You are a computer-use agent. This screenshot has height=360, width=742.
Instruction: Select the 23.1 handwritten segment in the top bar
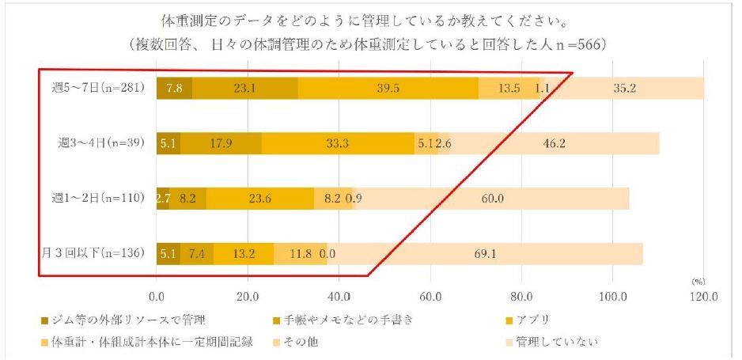point(244,88)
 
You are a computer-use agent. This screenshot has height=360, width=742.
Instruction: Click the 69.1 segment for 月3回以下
point(484,253)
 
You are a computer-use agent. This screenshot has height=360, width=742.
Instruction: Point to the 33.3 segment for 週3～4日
point(338,143)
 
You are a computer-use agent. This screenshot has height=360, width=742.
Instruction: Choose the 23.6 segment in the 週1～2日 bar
point(260,199)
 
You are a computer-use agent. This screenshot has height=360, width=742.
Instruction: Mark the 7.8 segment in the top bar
point(174,88)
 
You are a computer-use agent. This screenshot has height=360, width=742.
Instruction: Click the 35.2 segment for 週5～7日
point(624,88)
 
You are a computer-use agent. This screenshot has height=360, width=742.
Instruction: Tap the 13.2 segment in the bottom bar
point(243,253)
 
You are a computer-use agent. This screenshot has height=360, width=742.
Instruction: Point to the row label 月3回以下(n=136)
point(93,253)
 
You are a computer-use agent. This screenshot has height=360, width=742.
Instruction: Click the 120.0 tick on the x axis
point(702,297)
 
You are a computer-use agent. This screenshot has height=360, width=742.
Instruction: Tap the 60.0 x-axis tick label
point(430,297)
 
